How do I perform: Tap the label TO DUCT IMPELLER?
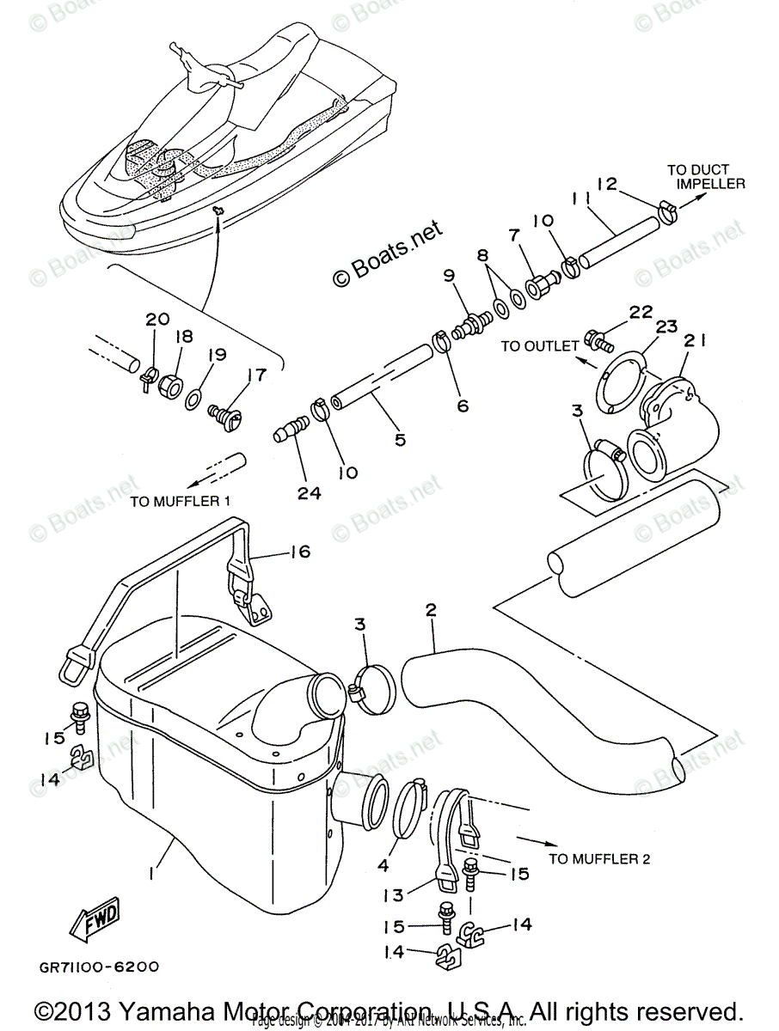point(707,177)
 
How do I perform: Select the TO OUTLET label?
point(541,345)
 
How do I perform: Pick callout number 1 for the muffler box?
point(151,875)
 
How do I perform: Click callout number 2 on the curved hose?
point(431,611)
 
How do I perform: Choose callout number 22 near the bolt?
point(641,310)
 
